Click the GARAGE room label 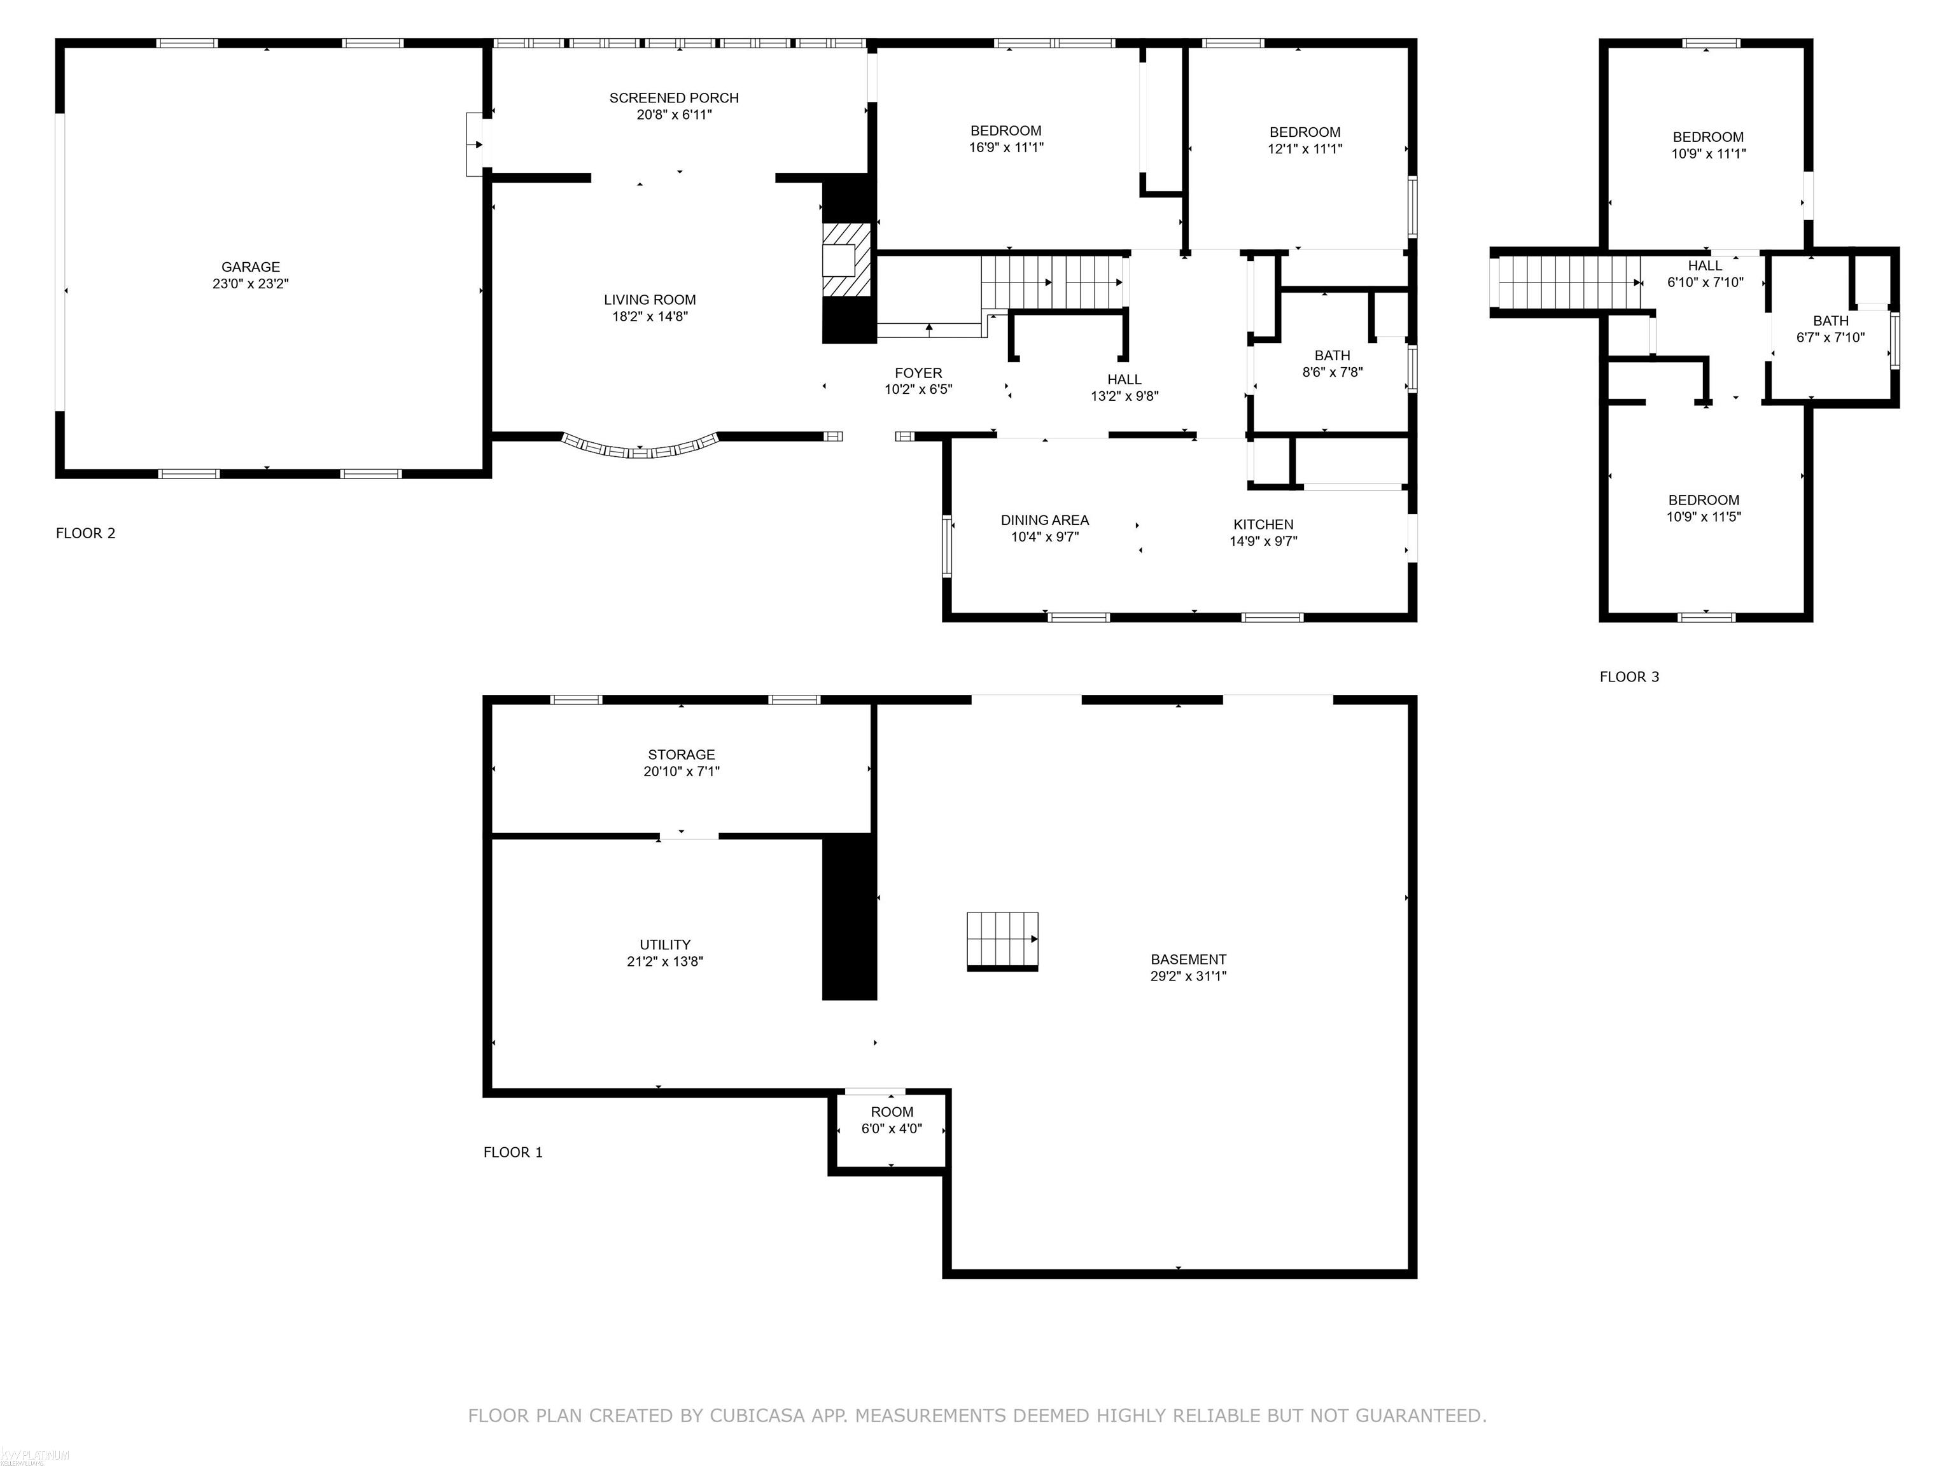[251, 267]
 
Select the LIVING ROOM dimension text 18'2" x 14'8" [650, 316]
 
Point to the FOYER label [918, 373]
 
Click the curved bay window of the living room [641, 448]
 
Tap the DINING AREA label [1045, 520]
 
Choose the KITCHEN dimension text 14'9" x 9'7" [1264, 541]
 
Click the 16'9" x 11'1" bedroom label [1006, 139]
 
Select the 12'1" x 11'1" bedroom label [1305, 141]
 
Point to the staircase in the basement [1002, 941]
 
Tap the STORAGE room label [682, 755]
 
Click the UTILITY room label [666, 945]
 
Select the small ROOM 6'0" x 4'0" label [892, 1120]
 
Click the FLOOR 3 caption [1630, 677]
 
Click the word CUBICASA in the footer [757, 1416]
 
